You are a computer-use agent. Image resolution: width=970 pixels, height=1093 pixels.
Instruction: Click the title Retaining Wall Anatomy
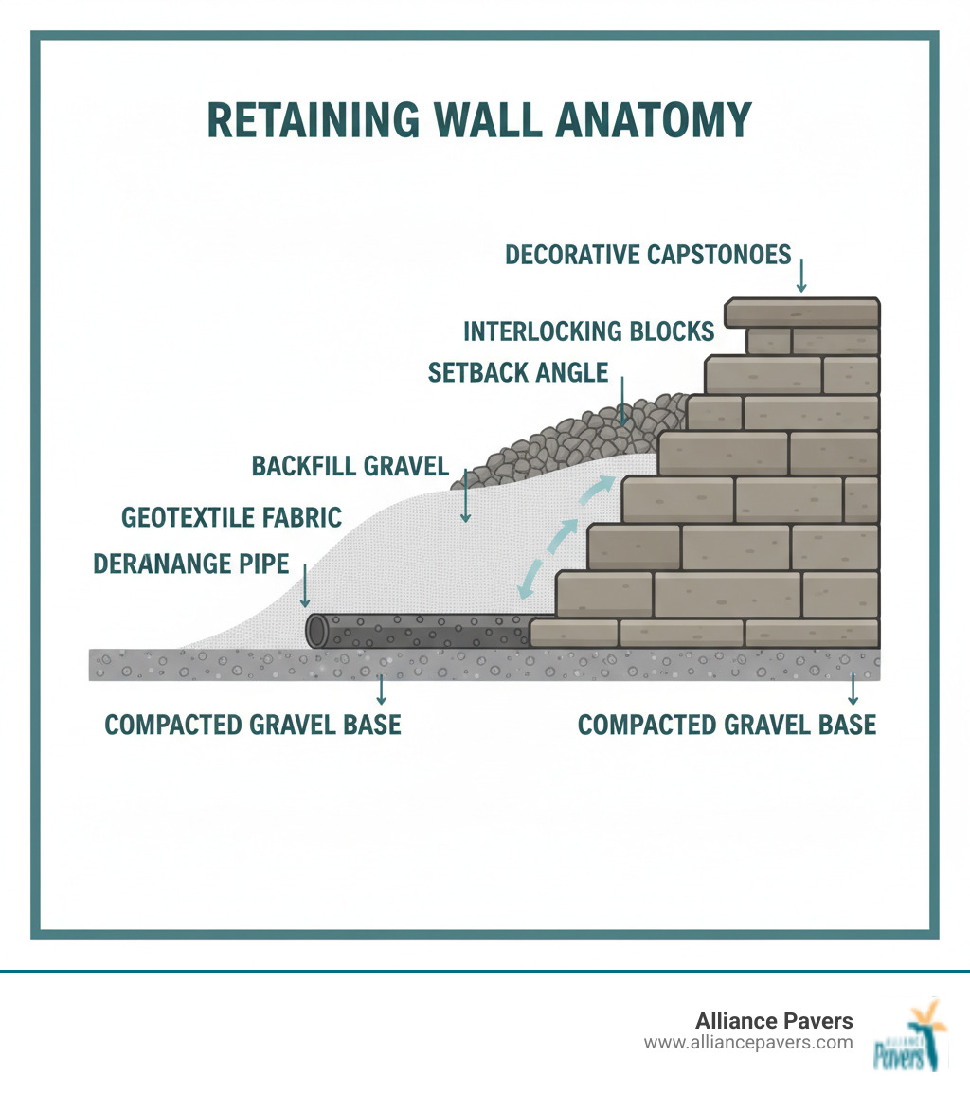coord(478,121)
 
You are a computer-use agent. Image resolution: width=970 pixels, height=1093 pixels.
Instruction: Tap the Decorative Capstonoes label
coord(648,255)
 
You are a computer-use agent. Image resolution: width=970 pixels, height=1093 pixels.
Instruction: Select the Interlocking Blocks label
coord(588,331)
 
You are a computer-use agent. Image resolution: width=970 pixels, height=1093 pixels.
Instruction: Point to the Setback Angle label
coord(517,372)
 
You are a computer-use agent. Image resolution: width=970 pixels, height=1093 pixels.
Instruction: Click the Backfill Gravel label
coord(350,466)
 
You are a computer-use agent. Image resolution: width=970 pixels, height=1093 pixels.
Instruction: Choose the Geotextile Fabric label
coord(231,517)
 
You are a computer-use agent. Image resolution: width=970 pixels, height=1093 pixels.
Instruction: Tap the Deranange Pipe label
coord(190,564)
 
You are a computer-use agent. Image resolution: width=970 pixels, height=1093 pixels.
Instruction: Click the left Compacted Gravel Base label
coord(253,725)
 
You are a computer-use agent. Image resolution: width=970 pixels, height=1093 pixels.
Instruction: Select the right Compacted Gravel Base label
coord(727,725)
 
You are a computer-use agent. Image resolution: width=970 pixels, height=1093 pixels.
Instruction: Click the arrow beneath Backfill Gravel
coord(464,496)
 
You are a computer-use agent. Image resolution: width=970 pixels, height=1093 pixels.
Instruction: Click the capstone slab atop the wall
coord(802,313)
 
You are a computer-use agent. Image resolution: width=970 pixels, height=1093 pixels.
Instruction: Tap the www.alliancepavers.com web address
coord(748,1043)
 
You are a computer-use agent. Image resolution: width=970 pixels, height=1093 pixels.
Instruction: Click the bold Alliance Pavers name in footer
coord(774,1021)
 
